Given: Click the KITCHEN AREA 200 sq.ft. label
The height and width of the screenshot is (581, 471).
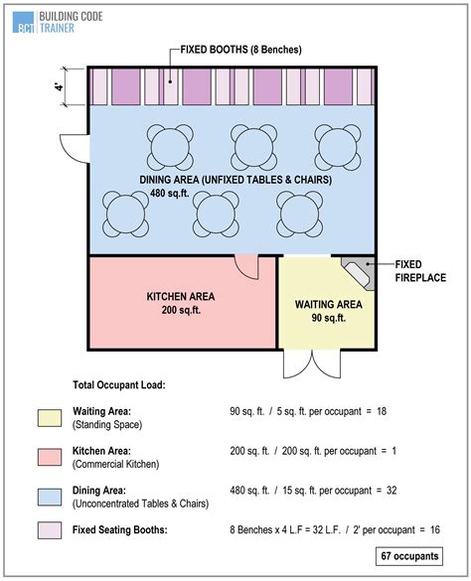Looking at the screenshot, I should pos(181,303).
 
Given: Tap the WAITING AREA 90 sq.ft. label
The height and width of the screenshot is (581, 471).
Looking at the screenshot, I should pos(328,311).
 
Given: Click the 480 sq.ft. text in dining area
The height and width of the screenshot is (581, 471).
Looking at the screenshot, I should pos(235,195).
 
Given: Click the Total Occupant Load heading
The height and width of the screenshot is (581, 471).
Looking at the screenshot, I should pos(119,383).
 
